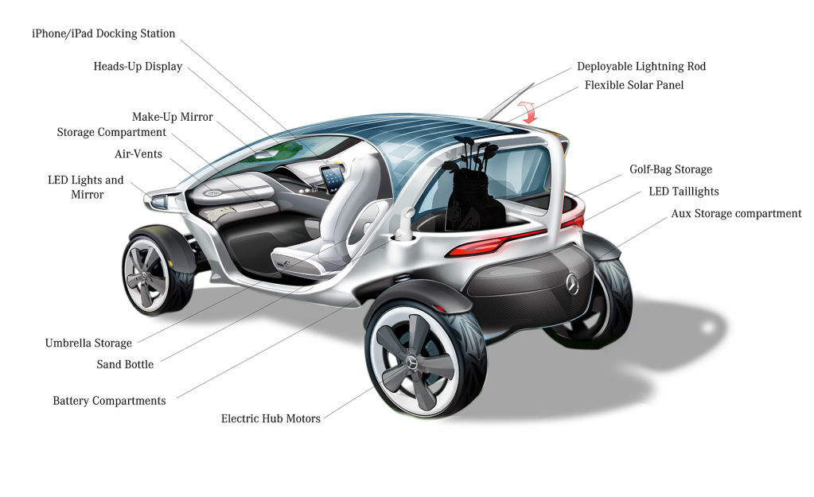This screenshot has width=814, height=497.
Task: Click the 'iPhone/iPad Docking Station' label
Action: (x=103, y=34)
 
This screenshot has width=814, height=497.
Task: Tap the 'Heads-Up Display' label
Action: (x=138, y=67)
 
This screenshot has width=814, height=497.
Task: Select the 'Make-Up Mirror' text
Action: (x=172, y=117)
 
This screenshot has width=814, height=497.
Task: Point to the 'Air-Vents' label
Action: (x=138, y=153)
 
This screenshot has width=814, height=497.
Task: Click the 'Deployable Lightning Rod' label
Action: (x=641, y=67)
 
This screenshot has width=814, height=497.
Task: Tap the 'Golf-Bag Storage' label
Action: (x=670, y=169)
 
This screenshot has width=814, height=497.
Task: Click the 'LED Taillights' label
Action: (x=684, y=192)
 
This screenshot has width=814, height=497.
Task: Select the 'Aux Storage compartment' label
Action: (x=736, y=213)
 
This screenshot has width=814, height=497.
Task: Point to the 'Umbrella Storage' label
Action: (x=88, y=344)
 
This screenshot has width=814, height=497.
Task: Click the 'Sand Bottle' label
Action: (x=125, y=364)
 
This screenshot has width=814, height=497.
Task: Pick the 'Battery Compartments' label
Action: (x=109, y=401)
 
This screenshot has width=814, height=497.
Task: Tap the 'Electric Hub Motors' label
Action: (x=271, y=418)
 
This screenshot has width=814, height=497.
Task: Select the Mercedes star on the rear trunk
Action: (x=571, y=284)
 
